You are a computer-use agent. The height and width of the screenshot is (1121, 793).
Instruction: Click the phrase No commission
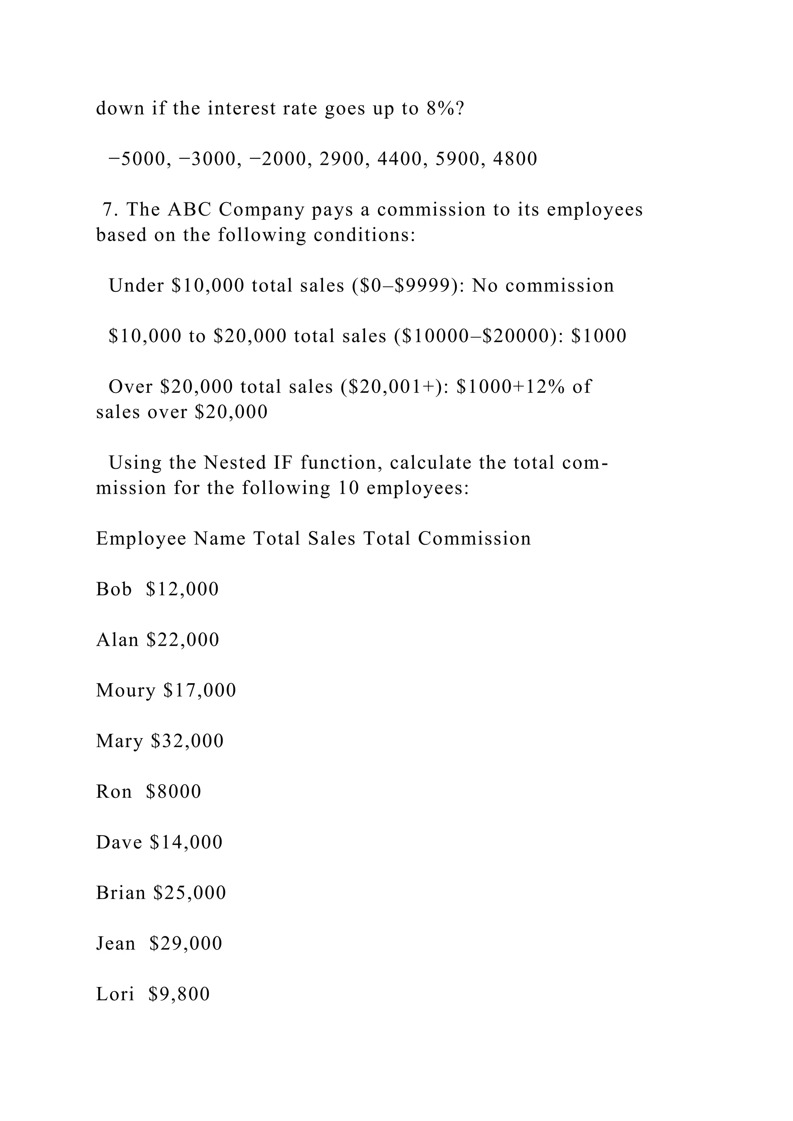[x=542, y=286]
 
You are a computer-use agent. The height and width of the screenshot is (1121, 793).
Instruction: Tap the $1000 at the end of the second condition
[x=599, y=336]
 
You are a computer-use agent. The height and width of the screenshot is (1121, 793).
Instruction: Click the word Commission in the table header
[x=474, y=538]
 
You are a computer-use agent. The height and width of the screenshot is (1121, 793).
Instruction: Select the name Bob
[x=114, y=589]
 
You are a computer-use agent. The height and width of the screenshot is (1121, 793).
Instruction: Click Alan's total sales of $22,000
[x=183, y=640]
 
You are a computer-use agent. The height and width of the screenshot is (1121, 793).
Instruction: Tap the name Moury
[x=125, y=691]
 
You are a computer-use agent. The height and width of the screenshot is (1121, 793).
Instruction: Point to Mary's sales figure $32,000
[x=187, y=741]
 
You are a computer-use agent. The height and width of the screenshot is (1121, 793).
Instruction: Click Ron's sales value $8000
[x=173, y=792]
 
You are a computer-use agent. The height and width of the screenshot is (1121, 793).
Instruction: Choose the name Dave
[x=118, y=842]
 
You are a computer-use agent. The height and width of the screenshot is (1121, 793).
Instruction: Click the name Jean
[x=116, y=943]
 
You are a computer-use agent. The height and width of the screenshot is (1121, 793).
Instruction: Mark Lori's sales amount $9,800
[x=179, y=994]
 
